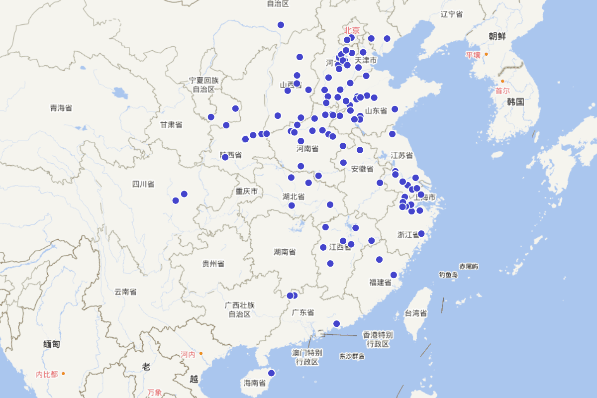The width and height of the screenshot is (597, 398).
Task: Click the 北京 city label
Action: point(352,30)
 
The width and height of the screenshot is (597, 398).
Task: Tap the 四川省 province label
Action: point(143,185)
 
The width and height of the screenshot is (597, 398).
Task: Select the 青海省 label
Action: point(61,108)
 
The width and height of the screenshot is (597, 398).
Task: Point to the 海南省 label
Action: point(254,383)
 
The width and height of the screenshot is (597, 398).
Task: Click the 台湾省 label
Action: point(415,313)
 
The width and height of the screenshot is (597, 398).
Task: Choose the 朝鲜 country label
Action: point(497,36)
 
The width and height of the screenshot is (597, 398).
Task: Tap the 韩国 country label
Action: point(516,102)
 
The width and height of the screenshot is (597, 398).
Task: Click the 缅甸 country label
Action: point(52,344)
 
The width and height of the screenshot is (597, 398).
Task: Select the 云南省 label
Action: point(125,292)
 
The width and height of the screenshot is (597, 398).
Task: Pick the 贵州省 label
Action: point(213,263)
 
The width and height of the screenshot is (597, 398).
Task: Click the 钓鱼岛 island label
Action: point(448,275)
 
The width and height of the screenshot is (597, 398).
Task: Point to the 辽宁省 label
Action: point(452,14)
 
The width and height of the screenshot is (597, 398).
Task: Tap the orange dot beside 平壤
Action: point(486,54)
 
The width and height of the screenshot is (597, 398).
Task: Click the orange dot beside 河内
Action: point(201,354)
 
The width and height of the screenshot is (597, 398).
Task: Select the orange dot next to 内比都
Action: point(63,374)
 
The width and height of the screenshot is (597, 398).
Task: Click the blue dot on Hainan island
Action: point(271,373)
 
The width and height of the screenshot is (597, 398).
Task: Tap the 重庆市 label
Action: point(247,192)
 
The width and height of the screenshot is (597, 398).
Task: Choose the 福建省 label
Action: point(380,283)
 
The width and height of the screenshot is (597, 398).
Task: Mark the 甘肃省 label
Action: point(171,125)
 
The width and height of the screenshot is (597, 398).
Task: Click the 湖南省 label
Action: point(285,252)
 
